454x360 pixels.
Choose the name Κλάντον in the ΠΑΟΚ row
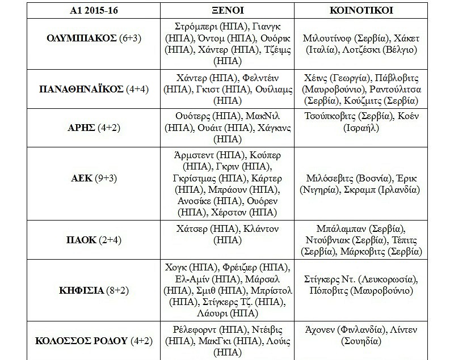coord(262,229)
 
